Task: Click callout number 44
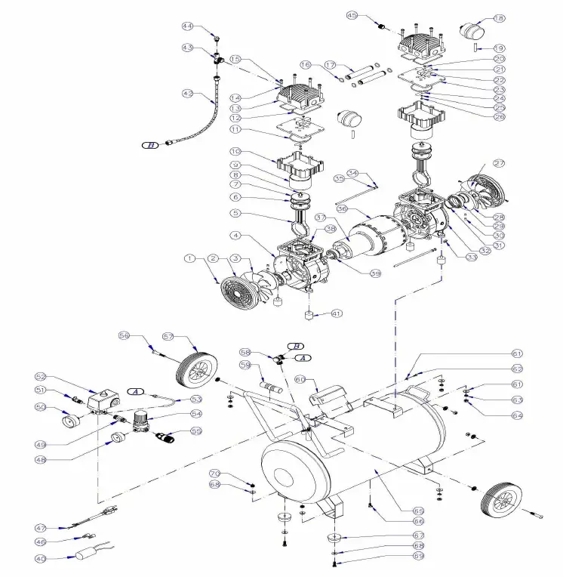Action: click(186, 26)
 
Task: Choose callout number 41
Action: click(336, 313)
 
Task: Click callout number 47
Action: click(41, 527)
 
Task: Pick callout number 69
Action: click(418, 555)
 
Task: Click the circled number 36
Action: click(342, 209)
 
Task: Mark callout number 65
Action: click(418, 511)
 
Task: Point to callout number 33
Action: click(472, 258)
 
